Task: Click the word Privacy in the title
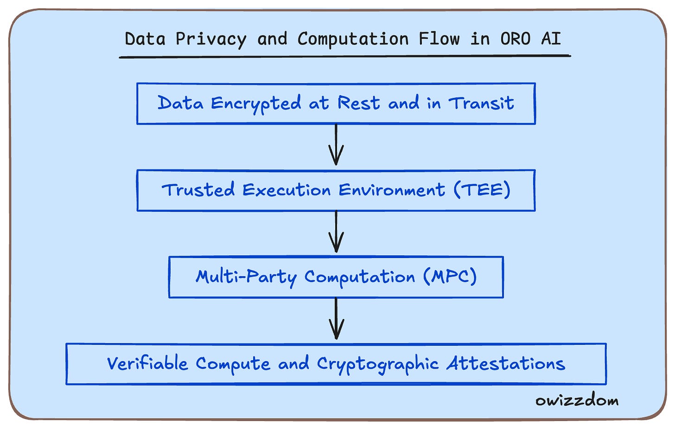pos(210,39)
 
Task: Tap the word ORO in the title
pos(515,39)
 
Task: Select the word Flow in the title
pos(439,39)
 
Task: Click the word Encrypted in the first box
pos(256,104)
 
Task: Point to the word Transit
pos(481,103)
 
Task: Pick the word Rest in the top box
pos(358,103)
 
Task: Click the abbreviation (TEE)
pos(482,189)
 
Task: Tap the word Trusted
pos(198,190)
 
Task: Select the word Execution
pos(287,190)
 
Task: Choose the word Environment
pos(391,190)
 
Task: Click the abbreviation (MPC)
pos(450,277)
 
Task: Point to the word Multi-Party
pos(246,277)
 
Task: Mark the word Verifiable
pos(147,363)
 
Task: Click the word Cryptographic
pos(377,364)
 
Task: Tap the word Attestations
pos(506,363)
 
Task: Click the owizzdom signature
pos(577,400)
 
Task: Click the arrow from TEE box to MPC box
pos(336,232)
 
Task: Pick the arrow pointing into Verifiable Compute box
pos(336,319)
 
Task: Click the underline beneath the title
pos(344,56)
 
